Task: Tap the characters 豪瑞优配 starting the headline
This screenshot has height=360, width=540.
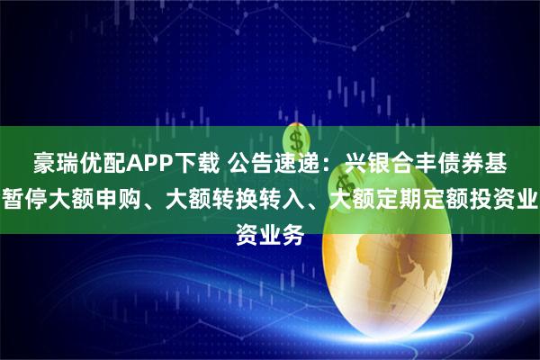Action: tap(76, 163)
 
